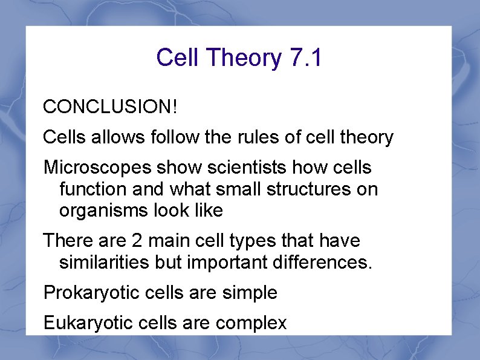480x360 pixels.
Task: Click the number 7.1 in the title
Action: pos(306,58)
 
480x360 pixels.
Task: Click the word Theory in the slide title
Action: pos(244,59)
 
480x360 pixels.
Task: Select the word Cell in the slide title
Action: pos(178,58)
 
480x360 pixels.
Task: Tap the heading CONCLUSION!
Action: pos(111,107)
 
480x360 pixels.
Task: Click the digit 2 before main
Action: pos(137,241)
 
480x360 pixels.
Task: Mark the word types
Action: pos(253,241)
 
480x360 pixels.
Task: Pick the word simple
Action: pos(249,293)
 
